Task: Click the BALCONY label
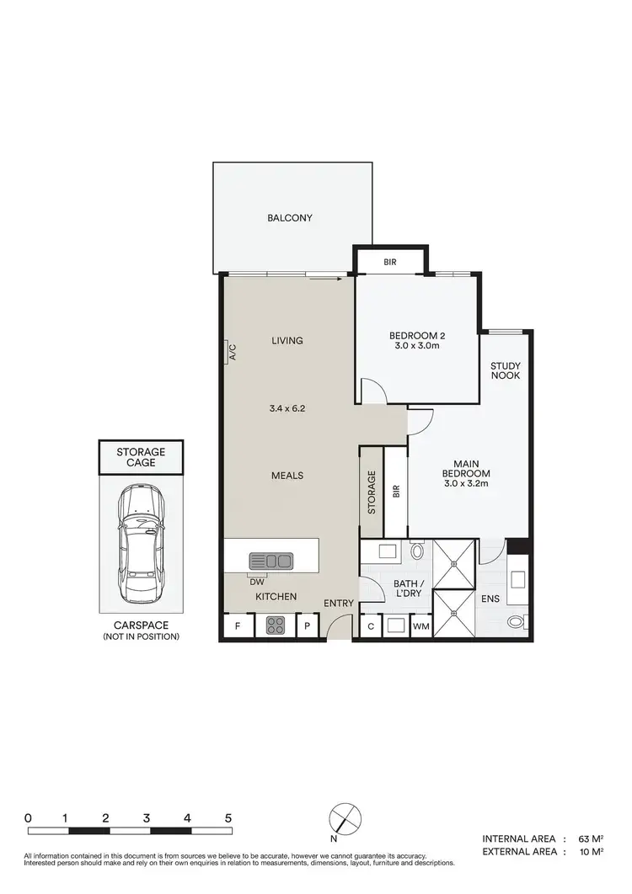click(290, 218)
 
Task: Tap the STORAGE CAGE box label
click(141, 458)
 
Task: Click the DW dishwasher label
click(256, 580)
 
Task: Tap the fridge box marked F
click(238, 626)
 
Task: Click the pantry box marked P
click(308, 626)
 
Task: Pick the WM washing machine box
click(420, 627)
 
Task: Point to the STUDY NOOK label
click(506, 370)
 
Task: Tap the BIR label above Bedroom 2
click(390, 263)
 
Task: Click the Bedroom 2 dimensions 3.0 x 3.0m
click(416, 346)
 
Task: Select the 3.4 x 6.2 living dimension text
click(287, 408)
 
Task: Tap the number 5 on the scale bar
click(228, 817)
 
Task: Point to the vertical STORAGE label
click(371, 492)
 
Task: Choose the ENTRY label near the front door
click(339, 604)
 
